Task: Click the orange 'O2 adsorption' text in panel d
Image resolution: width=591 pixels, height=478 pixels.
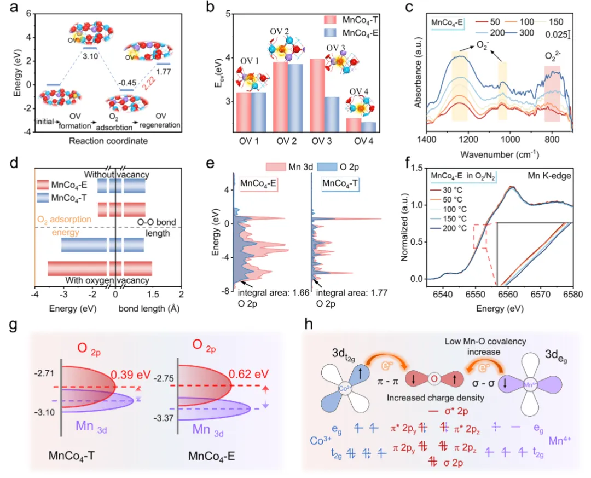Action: click(x=63, y=219)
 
